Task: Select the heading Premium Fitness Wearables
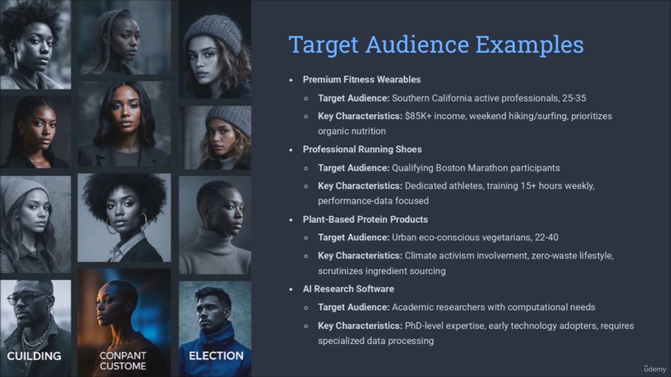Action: point(362,79)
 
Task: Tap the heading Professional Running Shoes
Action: point(362,149)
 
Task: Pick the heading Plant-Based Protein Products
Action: point(365,219)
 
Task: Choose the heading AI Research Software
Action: point(348,289)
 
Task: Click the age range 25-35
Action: point(574,98)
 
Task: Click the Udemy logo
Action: point(655,369)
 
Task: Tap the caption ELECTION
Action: point(216,356)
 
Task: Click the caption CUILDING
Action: point(34,356)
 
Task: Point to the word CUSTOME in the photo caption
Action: point(123,366)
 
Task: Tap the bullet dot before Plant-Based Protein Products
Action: point(291,220)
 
